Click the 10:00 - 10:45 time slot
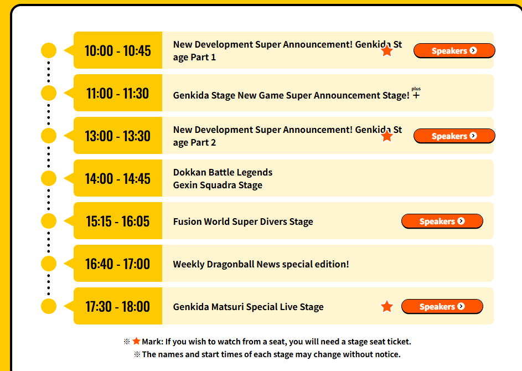(x=117, y=50)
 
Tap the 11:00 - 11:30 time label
(x=117, y=93)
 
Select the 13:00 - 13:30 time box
(x=117, y=136)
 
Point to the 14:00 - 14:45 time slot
(x=117, y=178)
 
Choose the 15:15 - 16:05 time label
(x=117, y=221)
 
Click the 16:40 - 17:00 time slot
(x=117, y=264)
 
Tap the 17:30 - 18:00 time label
(x=117, y=306)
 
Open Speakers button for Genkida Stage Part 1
(x=454, y=50)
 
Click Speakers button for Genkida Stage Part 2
(x=454, y=136)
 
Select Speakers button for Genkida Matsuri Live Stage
(x=442, y=306)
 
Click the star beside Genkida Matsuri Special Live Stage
(x=387, y=306)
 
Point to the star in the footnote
(x=136, y=341)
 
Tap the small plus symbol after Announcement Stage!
(x=416, y=95)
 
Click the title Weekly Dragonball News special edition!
(x=261, y=264)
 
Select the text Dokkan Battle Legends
(x=223, y=172)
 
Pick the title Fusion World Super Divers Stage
(x=243, y=221)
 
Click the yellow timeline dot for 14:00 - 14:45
(x=49, y=178)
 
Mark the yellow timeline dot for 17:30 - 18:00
(x=49, y=306)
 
